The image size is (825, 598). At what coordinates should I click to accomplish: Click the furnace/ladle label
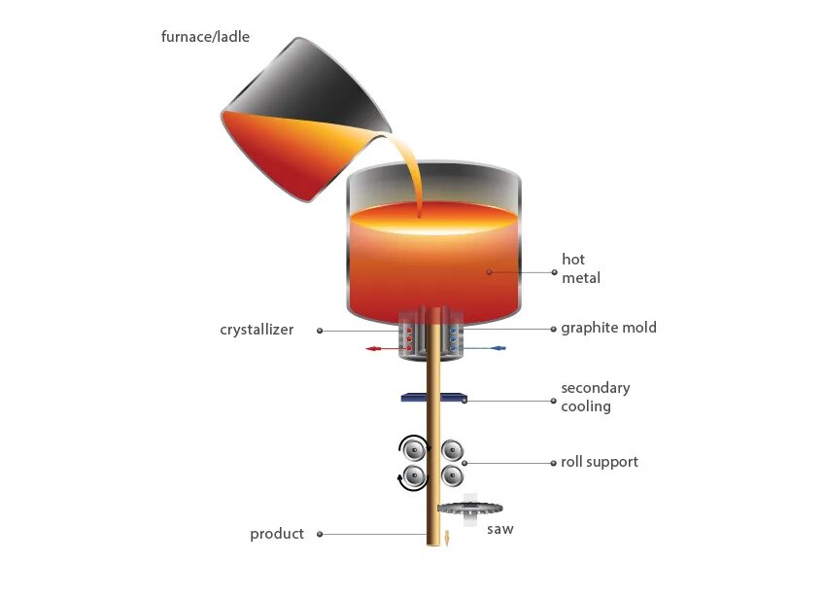pyautogui.click(x=205, y=38)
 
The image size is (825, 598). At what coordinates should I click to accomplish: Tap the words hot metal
pyautogui.click(x=580, y=268)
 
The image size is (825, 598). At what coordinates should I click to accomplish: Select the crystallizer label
pyautogui.click(x=257, y=330)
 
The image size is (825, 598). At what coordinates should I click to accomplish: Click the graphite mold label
pyautogui.click(x=608, y=328)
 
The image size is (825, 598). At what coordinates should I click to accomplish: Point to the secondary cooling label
pyautogui.click(x=595, y=397)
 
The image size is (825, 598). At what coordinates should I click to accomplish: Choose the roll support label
pyautogui.click(x=600, y=462)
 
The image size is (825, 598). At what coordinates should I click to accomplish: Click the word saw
pyautogui.click(x=499, y=530)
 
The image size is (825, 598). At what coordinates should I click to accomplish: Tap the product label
pyautogui.click(x=277, y=534)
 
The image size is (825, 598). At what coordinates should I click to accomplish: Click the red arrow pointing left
pyautogui.click(x=379, y=347)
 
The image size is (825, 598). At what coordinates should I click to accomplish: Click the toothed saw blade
pyautogui.click(x=469, y=508)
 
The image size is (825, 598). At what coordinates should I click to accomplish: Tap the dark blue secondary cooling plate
pyautogui.click(x=434, y=397)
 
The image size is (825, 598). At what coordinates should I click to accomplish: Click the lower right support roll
pyautogui.click(x=453, y=476)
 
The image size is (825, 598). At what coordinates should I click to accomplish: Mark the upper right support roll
pyautogui.click(x=453, y=450)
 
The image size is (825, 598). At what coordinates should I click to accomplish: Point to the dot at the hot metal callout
pyautogui.click(x=490, y=272)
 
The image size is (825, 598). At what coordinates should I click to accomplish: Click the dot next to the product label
pyautogui.click(x=320, y=534)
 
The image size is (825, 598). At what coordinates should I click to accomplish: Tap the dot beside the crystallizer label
pyautogui.click(x=320, y=331)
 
